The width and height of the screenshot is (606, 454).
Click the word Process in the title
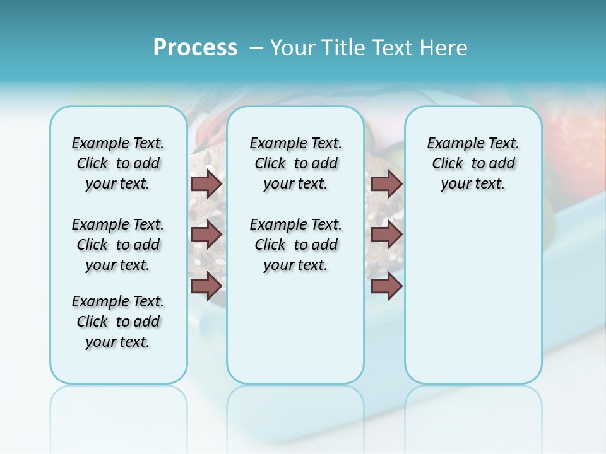tap(195, 48)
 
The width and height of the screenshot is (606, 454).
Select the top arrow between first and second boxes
tap(206, 183)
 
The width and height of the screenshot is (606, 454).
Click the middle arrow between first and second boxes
tap(206, 235)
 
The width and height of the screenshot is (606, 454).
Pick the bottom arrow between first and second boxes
tap(206, 286)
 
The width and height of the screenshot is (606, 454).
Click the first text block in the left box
tap(118, 163)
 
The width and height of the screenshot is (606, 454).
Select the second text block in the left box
tap(118, 245)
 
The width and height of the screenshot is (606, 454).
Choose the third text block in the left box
tap(118, 322)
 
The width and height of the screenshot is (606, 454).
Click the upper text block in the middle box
tap(295, 163)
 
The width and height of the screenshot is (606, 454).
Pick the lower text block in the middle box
tap(295, 245)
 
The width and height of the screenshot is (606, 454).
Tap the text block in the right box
tap(473, 163)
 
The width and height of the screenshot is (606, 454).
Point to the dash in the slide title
tap(256, 48)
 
